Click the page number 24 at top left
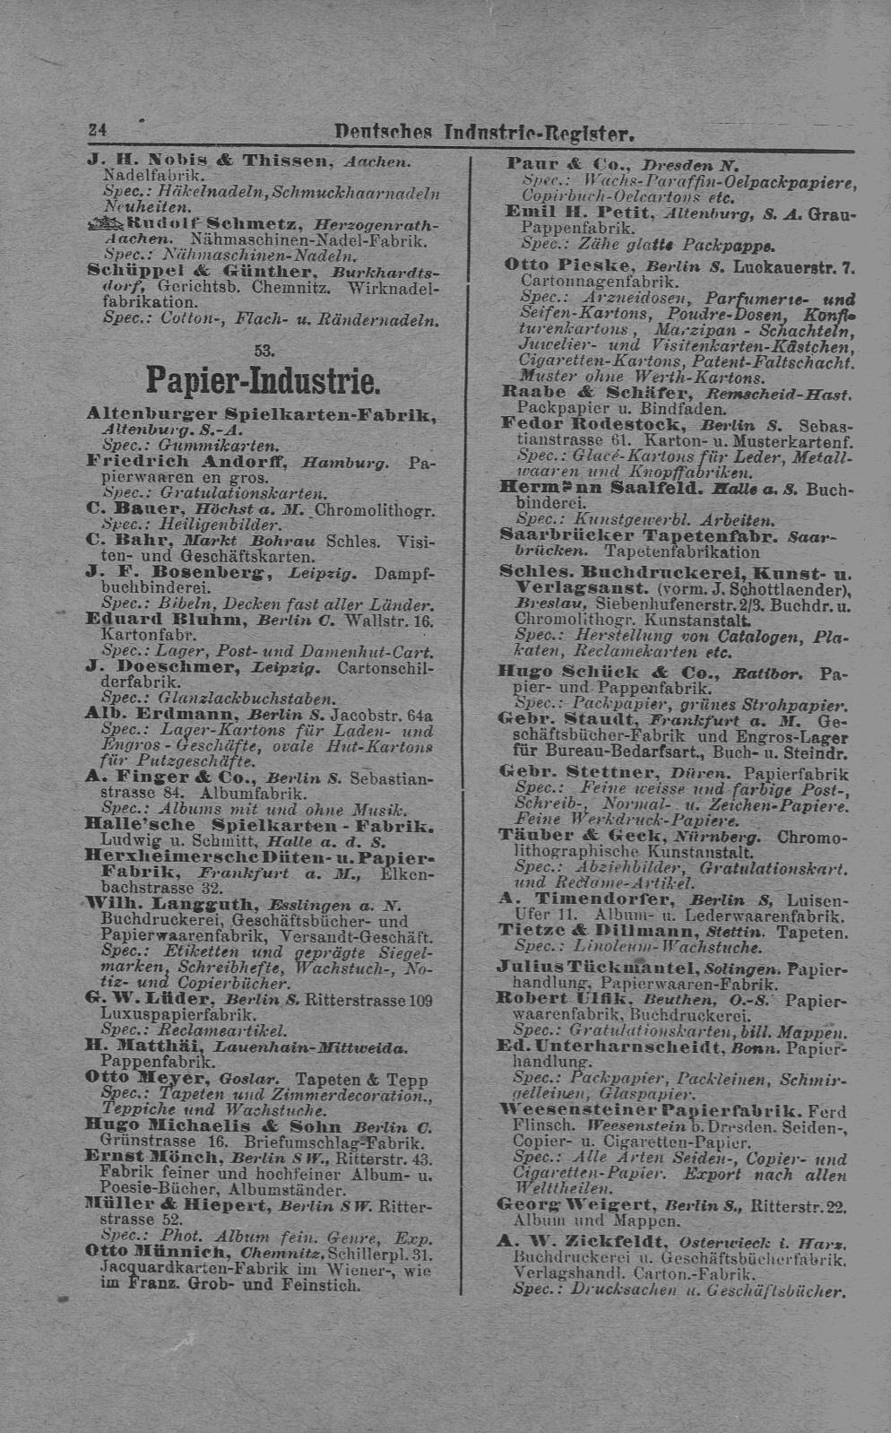pyautogui.click(x=94, y=129)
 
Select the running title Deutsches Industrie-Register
pyautogui.click(x=484, y=134)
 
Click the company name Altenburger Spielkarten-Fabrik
pyautogui.click(x=262, y=413)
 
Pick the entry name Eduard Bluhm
pyautogui.click(x=164, y=619)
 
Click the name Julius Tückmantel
pyautogui.click(x=597, y=968)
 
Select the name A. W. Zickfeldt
pyautogui.click(x=581, y=1242)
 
